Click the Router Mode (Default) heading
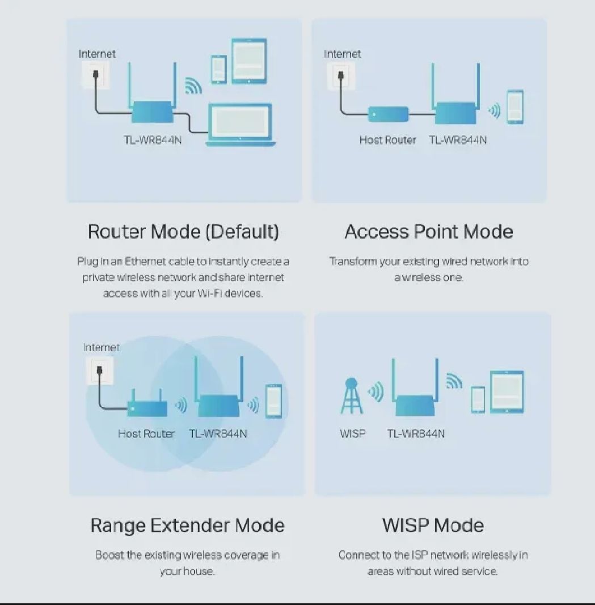point(184,232)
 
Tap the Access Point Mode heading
point(429,232)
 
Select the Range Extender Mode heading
point(187,526)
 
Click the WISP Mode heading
point(433,525)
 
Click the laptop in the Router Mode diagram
point(240,125)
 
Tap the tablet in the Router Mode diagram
point(249,61)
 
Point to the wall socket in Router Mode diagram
point(95,74)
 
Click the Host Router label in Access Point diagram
point(387,140)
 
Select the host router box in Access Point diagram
point(389,114)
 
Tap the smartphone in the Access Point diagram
point(516,107)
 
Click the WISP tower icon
point(351,395)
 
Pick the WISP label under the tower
point(352,434)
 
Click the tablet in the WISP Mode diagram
point(507,392)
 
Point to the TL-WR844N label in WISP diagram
point(416,434)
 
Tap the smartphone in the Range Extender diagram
point(274,401)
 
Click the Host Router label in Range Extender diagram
point(146,434)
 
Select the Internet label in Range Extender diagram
point(101,348)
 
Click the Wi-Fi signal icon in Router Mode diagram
point(193,86)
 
